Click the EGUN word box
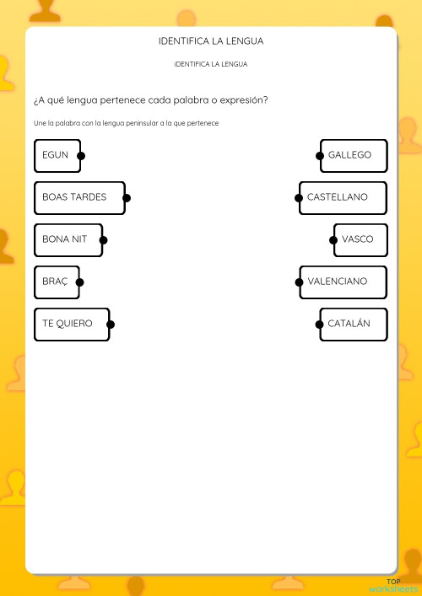tap(57, 156)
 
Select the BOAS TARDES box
tap(78, 197)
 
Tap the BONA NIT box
tap(68, 239)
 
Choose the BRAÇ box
tap(57, 282)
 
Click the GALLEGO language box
tap(354, 156)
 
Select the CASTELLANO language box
tap(343, 197)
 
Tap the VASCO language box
tap(360, 239)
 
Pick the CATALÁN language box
tap(354, 324)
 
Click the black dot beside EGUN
tap(80, 156)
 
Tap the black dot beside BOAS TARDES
tap(127, 198)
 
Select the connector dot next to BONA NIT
tap(103, 239)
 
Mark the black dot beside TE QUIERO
tap(111, 324)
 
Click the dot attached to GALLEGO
tap(320, 156)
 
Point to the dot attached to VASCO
tap(333, 239)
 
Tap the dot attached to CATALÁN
tap(320, 324)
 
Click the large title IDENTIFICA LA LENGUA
tap(211, 40)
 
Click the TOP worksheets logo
tap(392, 584)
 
